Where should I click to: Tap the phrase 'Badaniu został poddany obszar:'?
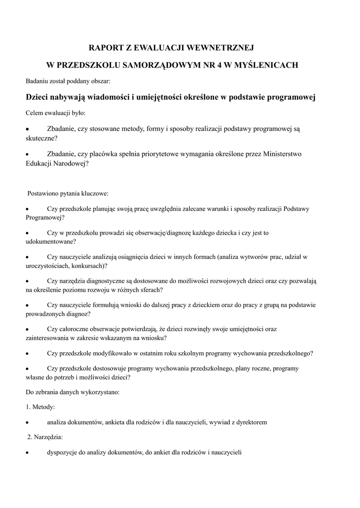pos(68,81)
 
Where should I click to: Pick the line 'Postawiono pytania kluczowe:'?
pos(68,193)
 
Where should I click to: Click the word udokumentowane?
pos(51,241)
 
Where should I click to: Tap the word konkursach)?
pos(86,265)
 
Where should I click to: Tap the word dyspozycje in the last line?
pos(63,452)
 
